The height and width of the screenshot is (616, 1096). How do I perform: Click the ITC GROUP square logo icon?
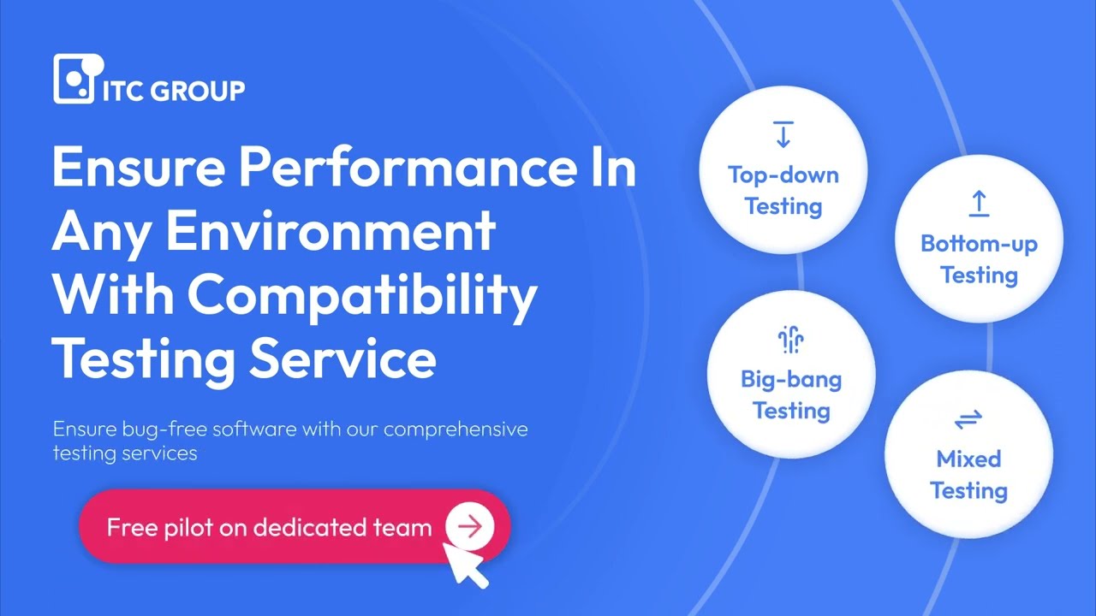tap(75, 79)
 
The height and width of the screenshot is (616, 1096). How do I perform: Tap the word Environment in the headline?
tap(331, 230)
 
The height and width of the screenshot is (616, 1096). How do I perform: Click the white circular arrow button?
tap(469, 527)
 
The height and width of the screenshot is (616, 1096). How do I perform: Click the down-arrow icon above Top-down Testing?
tap(783, 134)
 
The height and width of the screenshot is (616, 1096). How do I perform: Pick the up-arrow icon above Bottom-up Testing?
tap(979, 204)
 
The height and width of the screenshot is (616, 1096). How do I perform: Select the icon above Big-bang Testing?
tap(790, 341)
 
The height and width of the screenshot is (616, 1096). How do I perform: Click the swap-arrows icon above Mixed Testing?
tap(968, 419)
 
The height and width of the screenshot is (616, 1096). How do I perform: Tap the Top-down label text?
tap(783, 175)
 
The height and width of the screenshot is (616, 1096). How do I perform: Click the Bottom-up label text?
tap(979, 245)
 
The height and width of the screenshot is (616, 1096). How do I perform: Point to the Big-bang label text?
tap(791, 379)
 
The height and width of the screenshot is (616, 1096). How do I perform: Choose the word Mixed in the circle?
tap(968, 459)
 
